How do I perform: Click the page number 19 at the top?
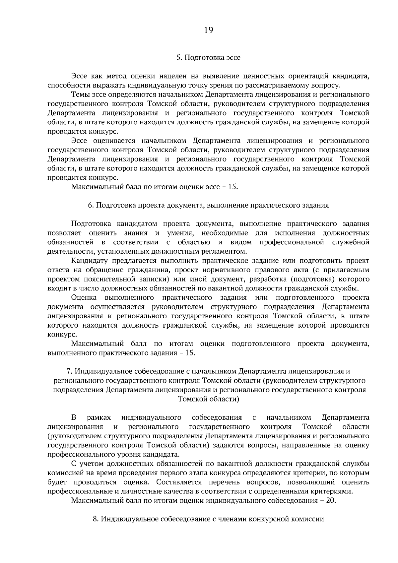(209, 31)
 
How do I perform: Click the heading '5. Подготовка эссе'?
(208, 57)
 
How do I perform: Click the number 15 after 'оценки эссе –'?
(232, 187)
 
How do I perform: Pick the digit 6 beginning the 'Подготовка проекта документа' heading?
(90, 205)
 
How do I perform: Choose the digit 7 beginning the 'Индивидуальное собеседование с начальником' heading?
(69, 371)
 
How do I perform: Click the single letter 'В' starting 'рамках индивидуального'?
(74, 417)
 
